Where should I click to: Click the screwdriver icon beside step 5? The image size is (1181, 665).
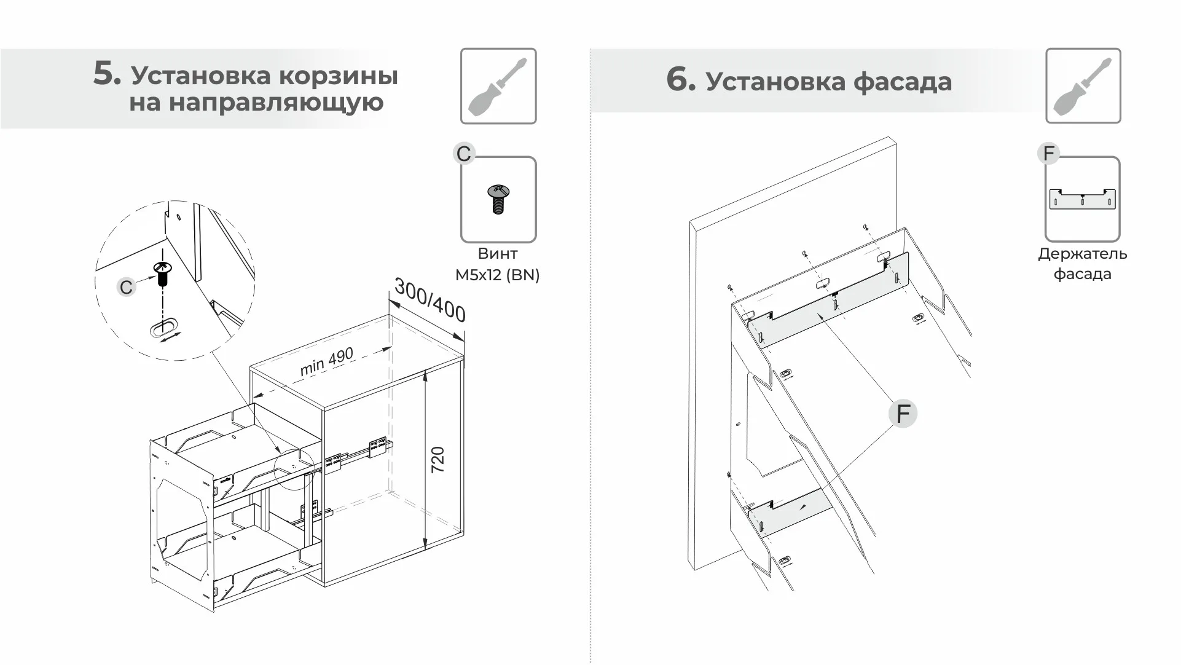click(498, 86)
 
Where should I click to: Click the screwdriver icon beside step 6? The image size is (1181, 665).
click(1083, 86)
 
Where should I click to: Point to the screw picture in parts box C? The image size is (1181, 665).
click(498, 199)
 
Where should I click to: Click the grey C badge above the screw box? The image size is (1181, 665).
click(464, 154)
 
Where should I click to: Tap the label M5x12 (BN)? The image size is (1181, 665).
click(497, 275)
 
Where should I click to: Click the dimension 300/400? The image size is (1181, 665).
click(430, 300)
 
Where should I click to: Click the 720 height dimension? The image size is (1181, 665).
click(437, 460)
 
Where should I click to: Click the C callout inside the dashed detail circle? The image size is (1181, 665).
click(126, 287)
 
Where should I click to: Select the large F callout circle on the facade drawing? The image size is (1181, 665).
click(903, 414)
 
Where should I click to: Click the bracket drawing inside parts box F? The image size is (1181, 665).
click(1082, 199)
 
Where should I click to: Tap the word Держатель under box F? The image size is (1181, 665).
click(1082, 254)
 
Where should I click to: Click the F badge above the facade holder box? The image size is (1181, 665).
click(1049, 153)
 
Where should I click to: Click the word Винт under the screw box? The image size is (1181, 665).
click(497, 253)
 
